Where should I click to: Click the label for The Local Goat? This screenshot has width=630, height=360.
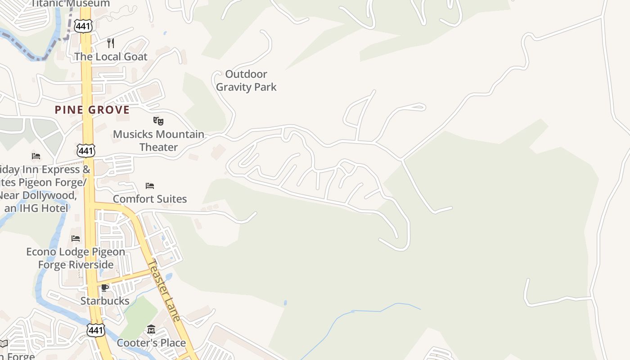point(111,57)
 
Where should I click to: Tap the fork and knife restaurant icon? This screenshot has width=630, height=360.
point(111,43)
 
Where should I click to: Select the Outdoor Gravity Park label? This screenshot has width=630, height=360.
point(246,81)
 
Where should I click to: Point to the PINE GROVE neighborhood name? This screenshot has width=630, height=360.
point(92,110)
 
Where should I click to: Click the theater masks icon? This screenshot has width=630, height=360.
point(158,121)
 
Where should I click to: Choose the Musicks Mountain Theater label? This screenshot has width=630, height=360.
point(158,140)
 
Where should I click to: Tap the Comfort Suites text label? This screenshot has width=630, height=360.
point(150,199)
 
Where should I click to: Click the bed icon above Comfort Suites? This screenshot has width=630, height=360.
point(150,186)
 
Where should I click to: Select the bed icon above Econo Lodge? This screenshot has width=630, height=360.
point(76,238)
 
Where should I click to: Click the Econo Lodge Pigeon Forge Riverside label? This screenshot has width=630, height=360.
point(76,258)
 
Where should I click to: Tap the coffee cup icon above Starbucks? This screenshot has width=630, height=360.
point(105,288)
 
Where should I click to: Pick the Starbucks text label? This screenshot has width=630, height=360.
point(105,301)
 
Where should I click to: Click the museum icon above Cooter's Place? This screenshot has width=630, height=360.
point(151,330)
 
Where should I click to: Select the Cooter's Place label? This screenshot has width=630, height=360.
point(151,343)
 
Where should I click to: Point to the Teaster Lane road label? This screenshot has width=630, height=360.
point(165,290)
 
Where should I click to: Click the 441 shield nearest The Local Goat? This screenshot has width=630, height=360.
point(84,26)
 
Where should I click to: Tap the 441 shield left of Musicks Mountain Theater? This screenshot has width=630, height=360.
point(85,150)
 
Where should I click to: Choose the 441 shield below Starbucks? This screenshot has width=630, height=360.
point(96,330)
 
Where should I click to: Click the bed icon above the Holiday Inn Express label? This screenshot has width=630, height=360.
point(36,156)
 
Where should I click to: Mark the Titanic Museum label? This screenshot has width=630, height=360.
point(71,4)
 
